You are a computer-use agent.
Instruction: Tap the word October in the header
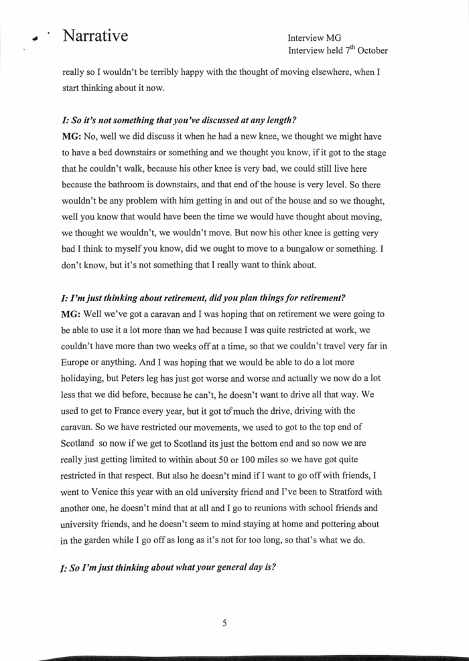[x=368, y=50]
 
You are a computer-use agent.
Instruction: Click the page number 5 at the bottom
[x=224, y=624]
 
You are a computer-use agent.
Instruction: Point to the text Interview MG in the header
[x=315, y=37]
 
